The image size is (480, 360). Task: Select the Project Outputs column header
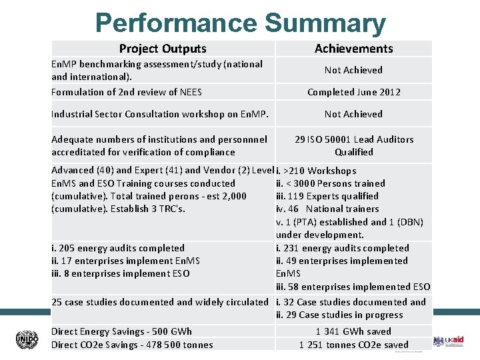tap(163, 48)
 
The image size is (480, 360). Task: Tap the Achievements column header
tap(353, 48)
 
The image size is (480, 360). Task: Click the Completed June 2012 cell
tap(353, 92)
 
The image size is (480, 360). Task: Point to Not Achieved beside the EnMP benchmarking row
tap(353, 70)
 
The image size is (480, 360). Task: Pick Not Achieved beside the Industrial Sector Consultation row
tap(353, 114)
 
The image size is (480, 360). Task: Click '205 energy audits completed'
tap(118, 248)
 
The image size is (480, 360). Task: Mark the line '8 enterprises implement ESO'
tap(120, 273)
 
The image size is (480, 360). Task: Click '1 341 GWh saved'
tap(353, 331)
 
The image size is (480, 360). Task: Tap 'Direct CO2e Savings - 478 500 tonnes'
tap(132, 345)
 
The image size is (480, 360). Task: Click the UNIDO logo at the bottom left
tap(27, 339)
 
